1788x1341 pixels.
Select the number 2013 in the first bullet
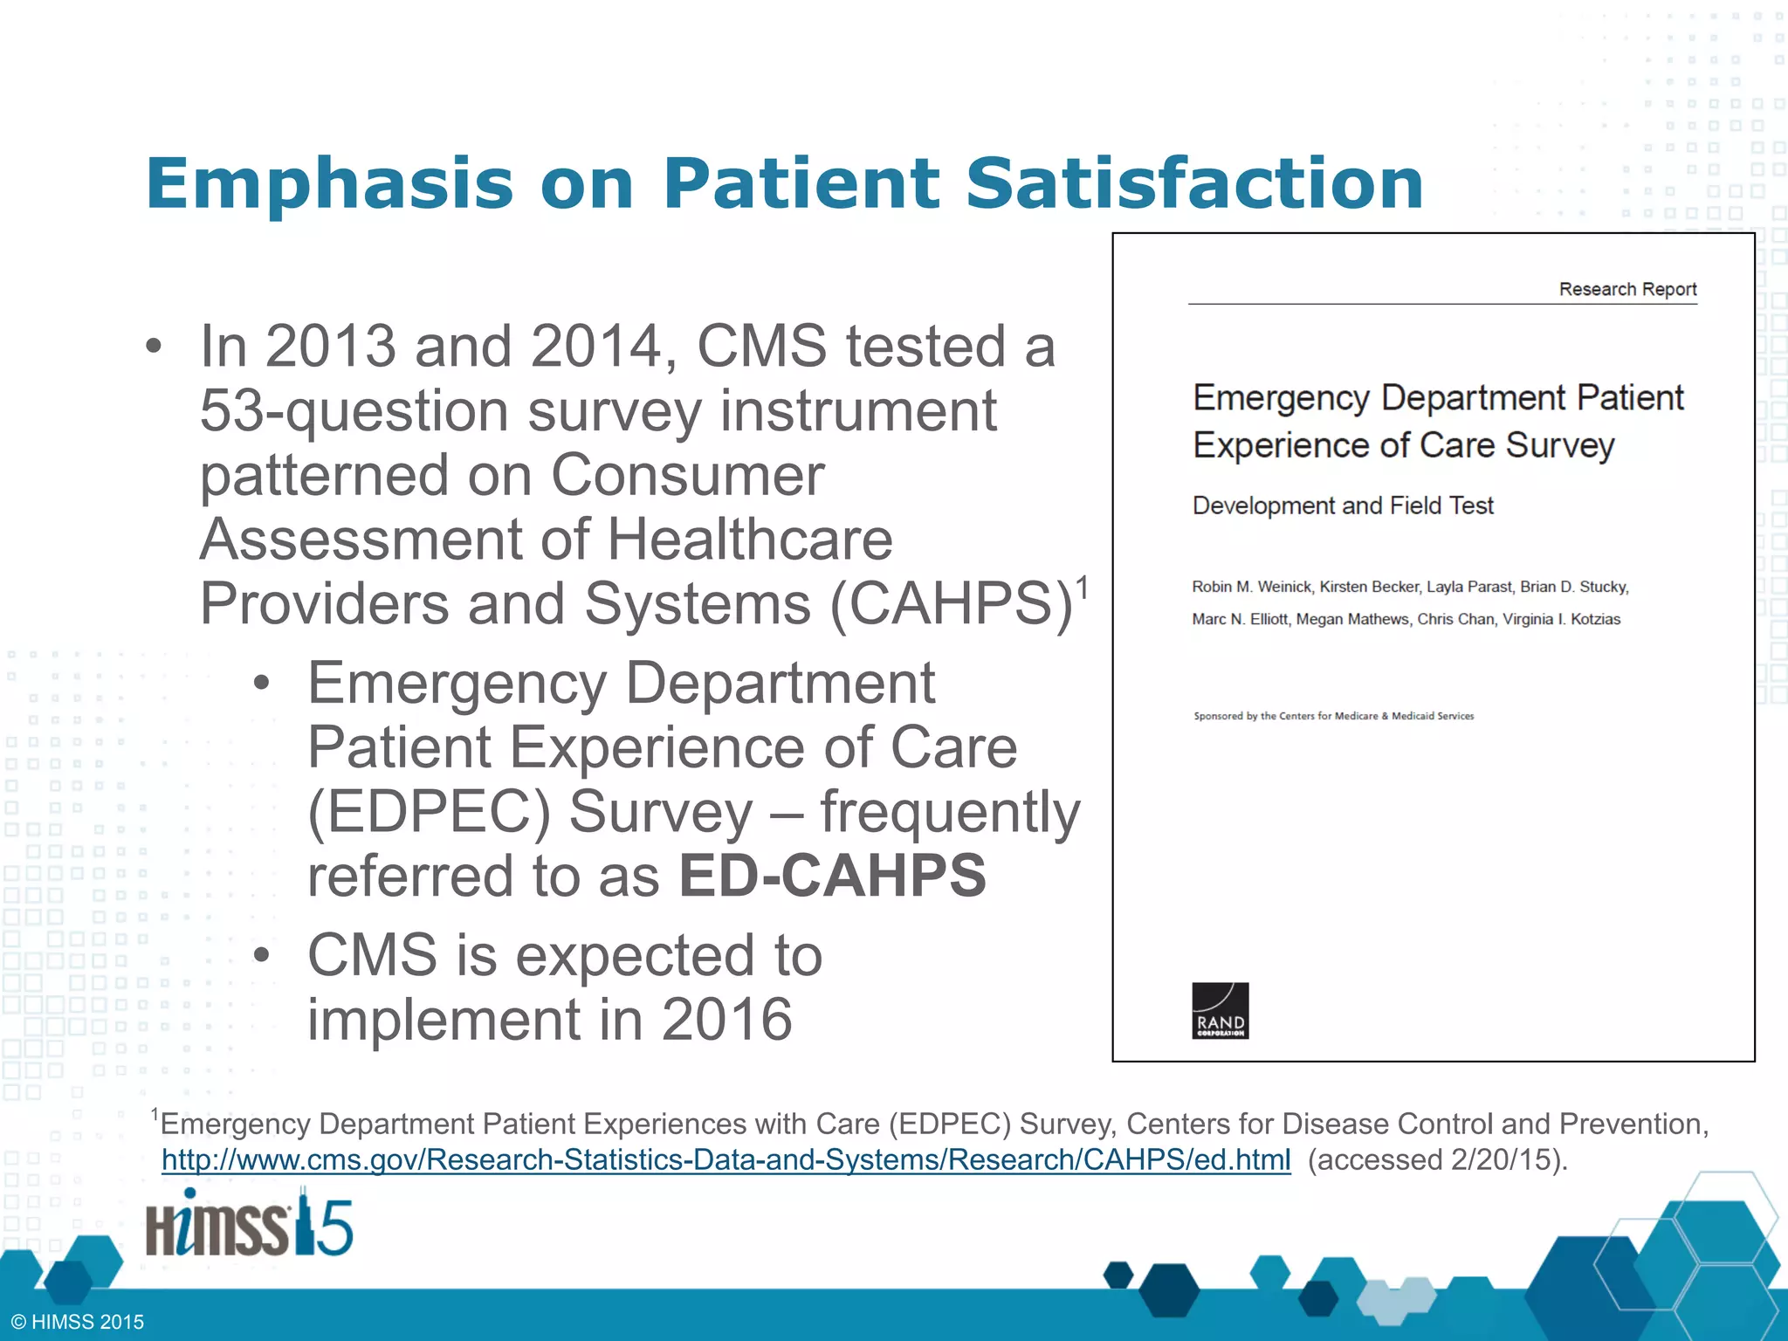tap(331, 347)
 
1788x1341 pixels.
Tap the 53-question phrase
tap(354, 411)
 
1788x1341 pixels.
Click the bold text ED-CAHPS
tap(832, 876)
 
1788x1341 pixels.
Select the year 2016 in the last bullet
tap(726, 1019)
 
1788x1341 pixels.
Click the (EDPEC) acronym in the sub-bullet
tap(429, 812)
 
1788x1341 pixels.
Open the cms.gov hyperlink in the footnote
tap(726, 1159)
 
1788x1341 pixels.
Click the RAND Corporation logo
tap(1220, 1010)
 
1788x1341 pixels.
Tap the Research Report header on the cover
tap(1627, 289)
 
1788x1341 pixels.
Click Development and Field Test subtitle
tap(1343, 505)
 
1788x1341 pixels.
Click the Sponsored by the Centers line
tap(1333, 716)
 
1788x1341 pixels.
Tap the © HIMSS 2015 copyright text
tap(78, 1322)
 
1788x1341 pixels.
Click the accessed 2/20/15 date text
tap(1437, 1159)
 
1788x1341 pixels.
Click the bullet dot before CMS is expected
tap(261, 955)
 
